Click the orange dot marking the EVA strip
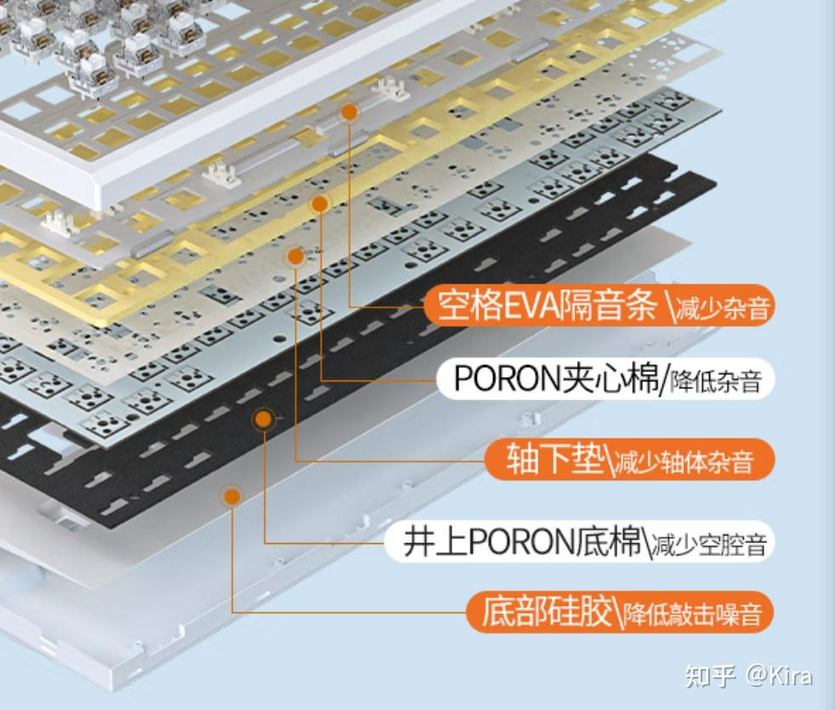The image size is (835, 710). point(349,112)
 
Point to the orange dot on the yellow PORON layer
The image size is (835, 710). point(320,203)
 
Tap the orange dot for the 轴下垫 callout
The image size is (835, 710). point(295,255)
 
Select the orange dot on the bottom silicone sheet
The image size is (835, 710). point(230,495)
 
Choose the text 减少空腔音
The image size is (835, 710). point(709,545)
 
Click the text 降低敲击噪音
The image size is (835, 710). point(692,614)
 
